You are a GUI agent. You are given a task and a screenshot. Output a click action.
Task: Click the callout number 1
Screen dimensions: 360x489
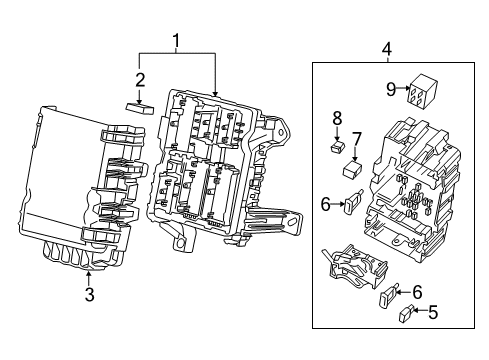pyautogui.click(x=176, y=41)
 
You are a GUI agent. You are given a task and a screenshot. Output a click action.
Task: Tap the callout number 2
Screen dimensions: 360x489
pyautogui.click(x=141, y=80)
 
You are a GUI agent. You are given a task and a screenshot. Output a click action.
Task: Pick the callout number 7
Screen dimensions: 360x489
pyautogui.click(x=356, y=137)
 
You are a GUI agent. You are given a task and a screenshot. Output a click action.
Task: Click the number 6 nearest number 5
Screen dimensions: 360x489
pyautogui.click(x=417, y=290)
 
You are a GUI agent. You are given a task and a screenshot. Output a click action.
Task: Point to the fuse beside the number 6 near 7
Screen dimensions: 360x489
pyautogui.click(x=350, y=205)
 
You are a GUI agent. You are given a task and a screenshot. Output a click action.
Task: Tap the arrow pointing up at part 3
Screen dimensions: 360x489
pyautogui.click(x=88, y=275)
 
